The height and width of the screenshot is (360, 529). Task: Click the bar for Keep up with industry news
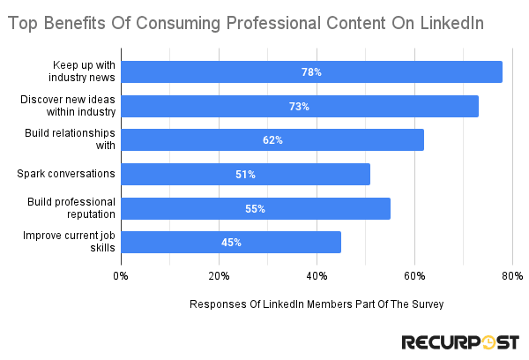311,72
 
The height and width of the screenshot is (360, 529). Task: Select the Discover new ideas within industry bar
300,106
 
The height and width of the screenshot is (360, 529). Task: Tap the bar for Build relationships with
272,140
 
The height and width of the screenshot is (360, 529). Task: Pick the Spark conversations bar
245,174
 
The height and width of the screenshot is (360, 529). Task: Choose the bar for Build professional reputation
256,208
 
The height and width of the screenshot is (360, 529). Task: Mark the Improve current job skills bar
231,242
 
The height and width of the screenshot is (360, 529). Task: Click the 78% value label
311,72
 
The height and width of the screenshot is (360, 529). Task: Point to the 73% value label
299,106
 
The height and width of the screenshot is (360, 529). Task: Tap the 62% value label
272,140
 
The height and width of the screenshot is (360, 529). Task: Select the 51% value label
245,174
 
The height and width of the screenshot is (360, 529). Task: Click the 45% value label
231,242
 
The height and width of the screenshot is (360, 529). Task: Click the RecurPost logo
460,341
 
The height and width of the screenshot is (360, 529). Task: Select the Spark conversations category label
66,174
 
